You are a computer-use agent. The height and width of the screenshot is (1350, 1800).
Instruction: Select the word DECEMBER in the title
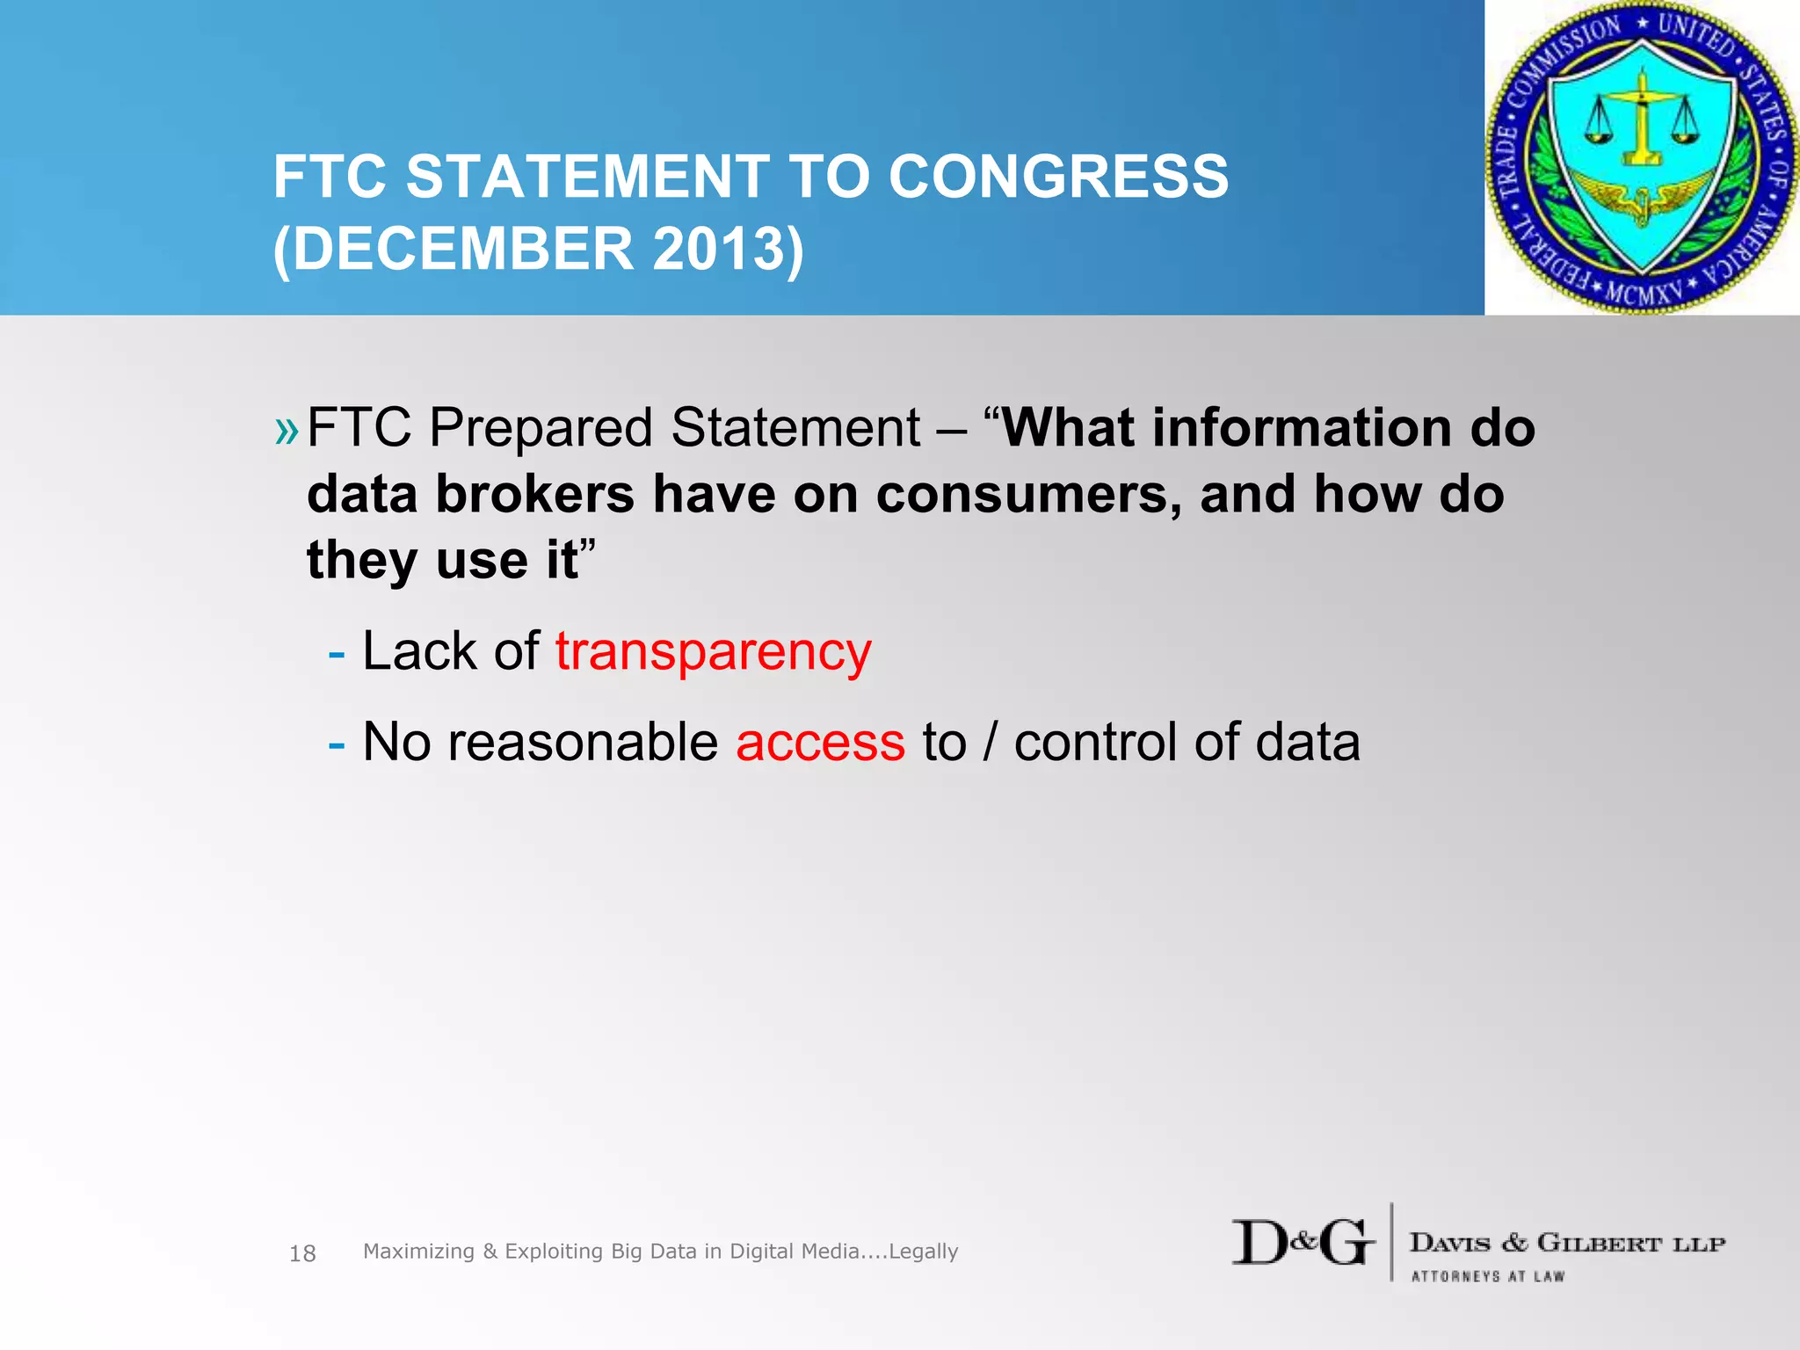[462, 249]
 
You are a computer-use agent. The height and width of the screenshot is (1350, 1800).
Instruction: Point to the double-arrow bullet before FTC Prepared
[287, 431]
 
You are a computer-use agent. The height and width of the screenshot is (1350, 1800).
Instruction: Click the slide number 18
[302, 1253]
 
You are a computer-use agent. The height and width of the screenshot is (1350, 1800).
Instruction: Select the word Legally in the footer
[923, 1251]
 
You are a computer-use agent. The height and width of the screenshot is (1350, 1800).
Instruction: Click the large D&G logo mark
[1303, 1243]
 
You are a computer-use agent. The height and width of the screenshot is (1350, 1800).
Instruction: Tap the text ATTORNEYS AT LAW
[1487, 1276]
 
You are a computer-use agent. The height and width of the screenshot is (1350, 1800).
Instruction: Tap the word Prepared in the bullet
[541, 429]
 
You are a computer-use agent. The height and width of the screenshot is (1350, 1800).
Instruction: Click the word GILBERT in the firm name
[1599, 1243]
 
